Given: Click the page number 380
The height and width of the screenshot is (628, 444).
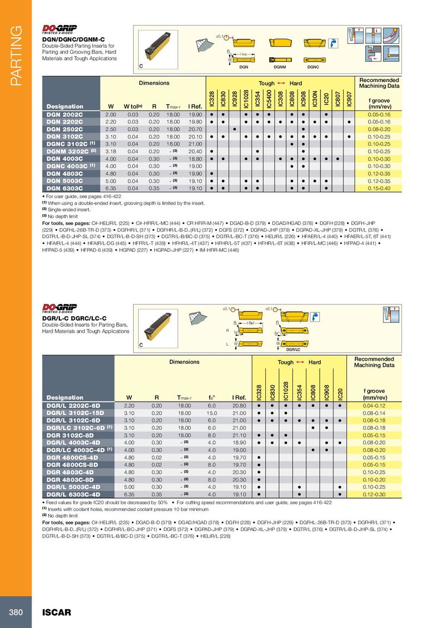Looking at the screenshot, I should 15,612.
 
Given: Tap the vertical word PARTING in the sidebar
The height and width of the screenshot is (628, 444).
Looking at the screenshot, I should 15,55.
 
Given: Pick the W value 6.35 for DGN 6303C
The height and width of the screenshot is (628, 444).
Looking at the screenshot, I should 110,188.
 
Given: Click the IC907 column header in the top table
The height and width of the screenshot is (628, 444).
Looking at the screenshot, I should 349,98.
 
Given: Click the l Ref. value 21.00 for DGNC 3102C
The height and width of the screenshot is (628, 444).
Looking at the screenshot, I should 194,143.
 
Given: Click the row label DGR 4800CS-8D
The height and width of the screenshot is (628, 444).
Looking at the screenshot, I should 72,464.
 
